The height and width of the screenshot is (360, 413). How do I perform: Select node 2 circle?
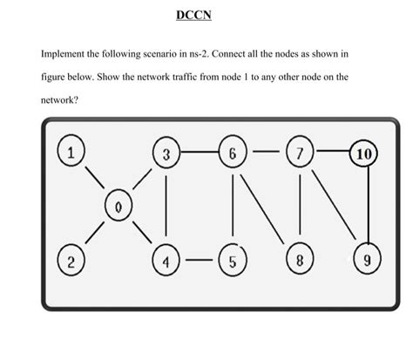tap(75, 259)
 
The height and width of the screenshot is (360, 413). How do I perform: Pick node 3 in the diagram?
tap(166, 154)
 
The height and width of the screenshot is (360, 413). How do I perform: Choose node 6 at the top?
tap(233, 154)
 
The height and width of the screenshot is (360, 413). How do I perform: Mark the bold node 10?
tap(366, 155)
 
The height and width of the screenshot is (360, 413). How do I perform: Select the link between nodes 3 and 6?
tap(199, 154)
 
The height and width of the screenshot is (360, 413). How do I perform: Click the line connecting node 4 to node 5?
tap(199, 259)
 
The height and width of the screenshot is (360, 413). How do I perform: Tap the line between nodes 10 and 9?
tap(368, 207)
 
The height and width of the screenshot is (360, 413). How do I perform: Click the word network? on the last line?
tap(59, 100)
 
